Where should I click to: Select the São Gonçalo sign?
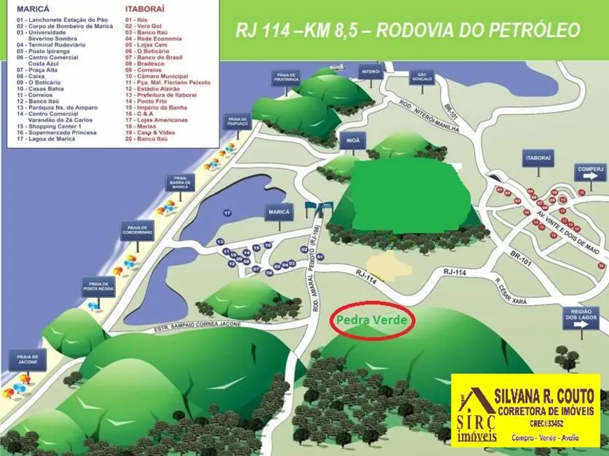point(422,76)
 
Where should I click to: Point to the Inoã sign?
point(352,140)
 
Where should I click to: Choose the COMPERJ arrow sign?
point(589,172)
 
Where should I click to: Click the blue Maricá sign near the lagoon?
point(279,212)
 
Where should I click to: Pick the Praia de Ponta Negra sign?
point(97,286)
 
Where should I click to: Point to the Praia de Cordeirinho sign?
point(137,232)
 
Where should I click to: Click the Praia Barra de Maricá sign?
point(180,182)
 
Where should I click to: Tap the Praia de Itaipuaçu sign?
point(238,121)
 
